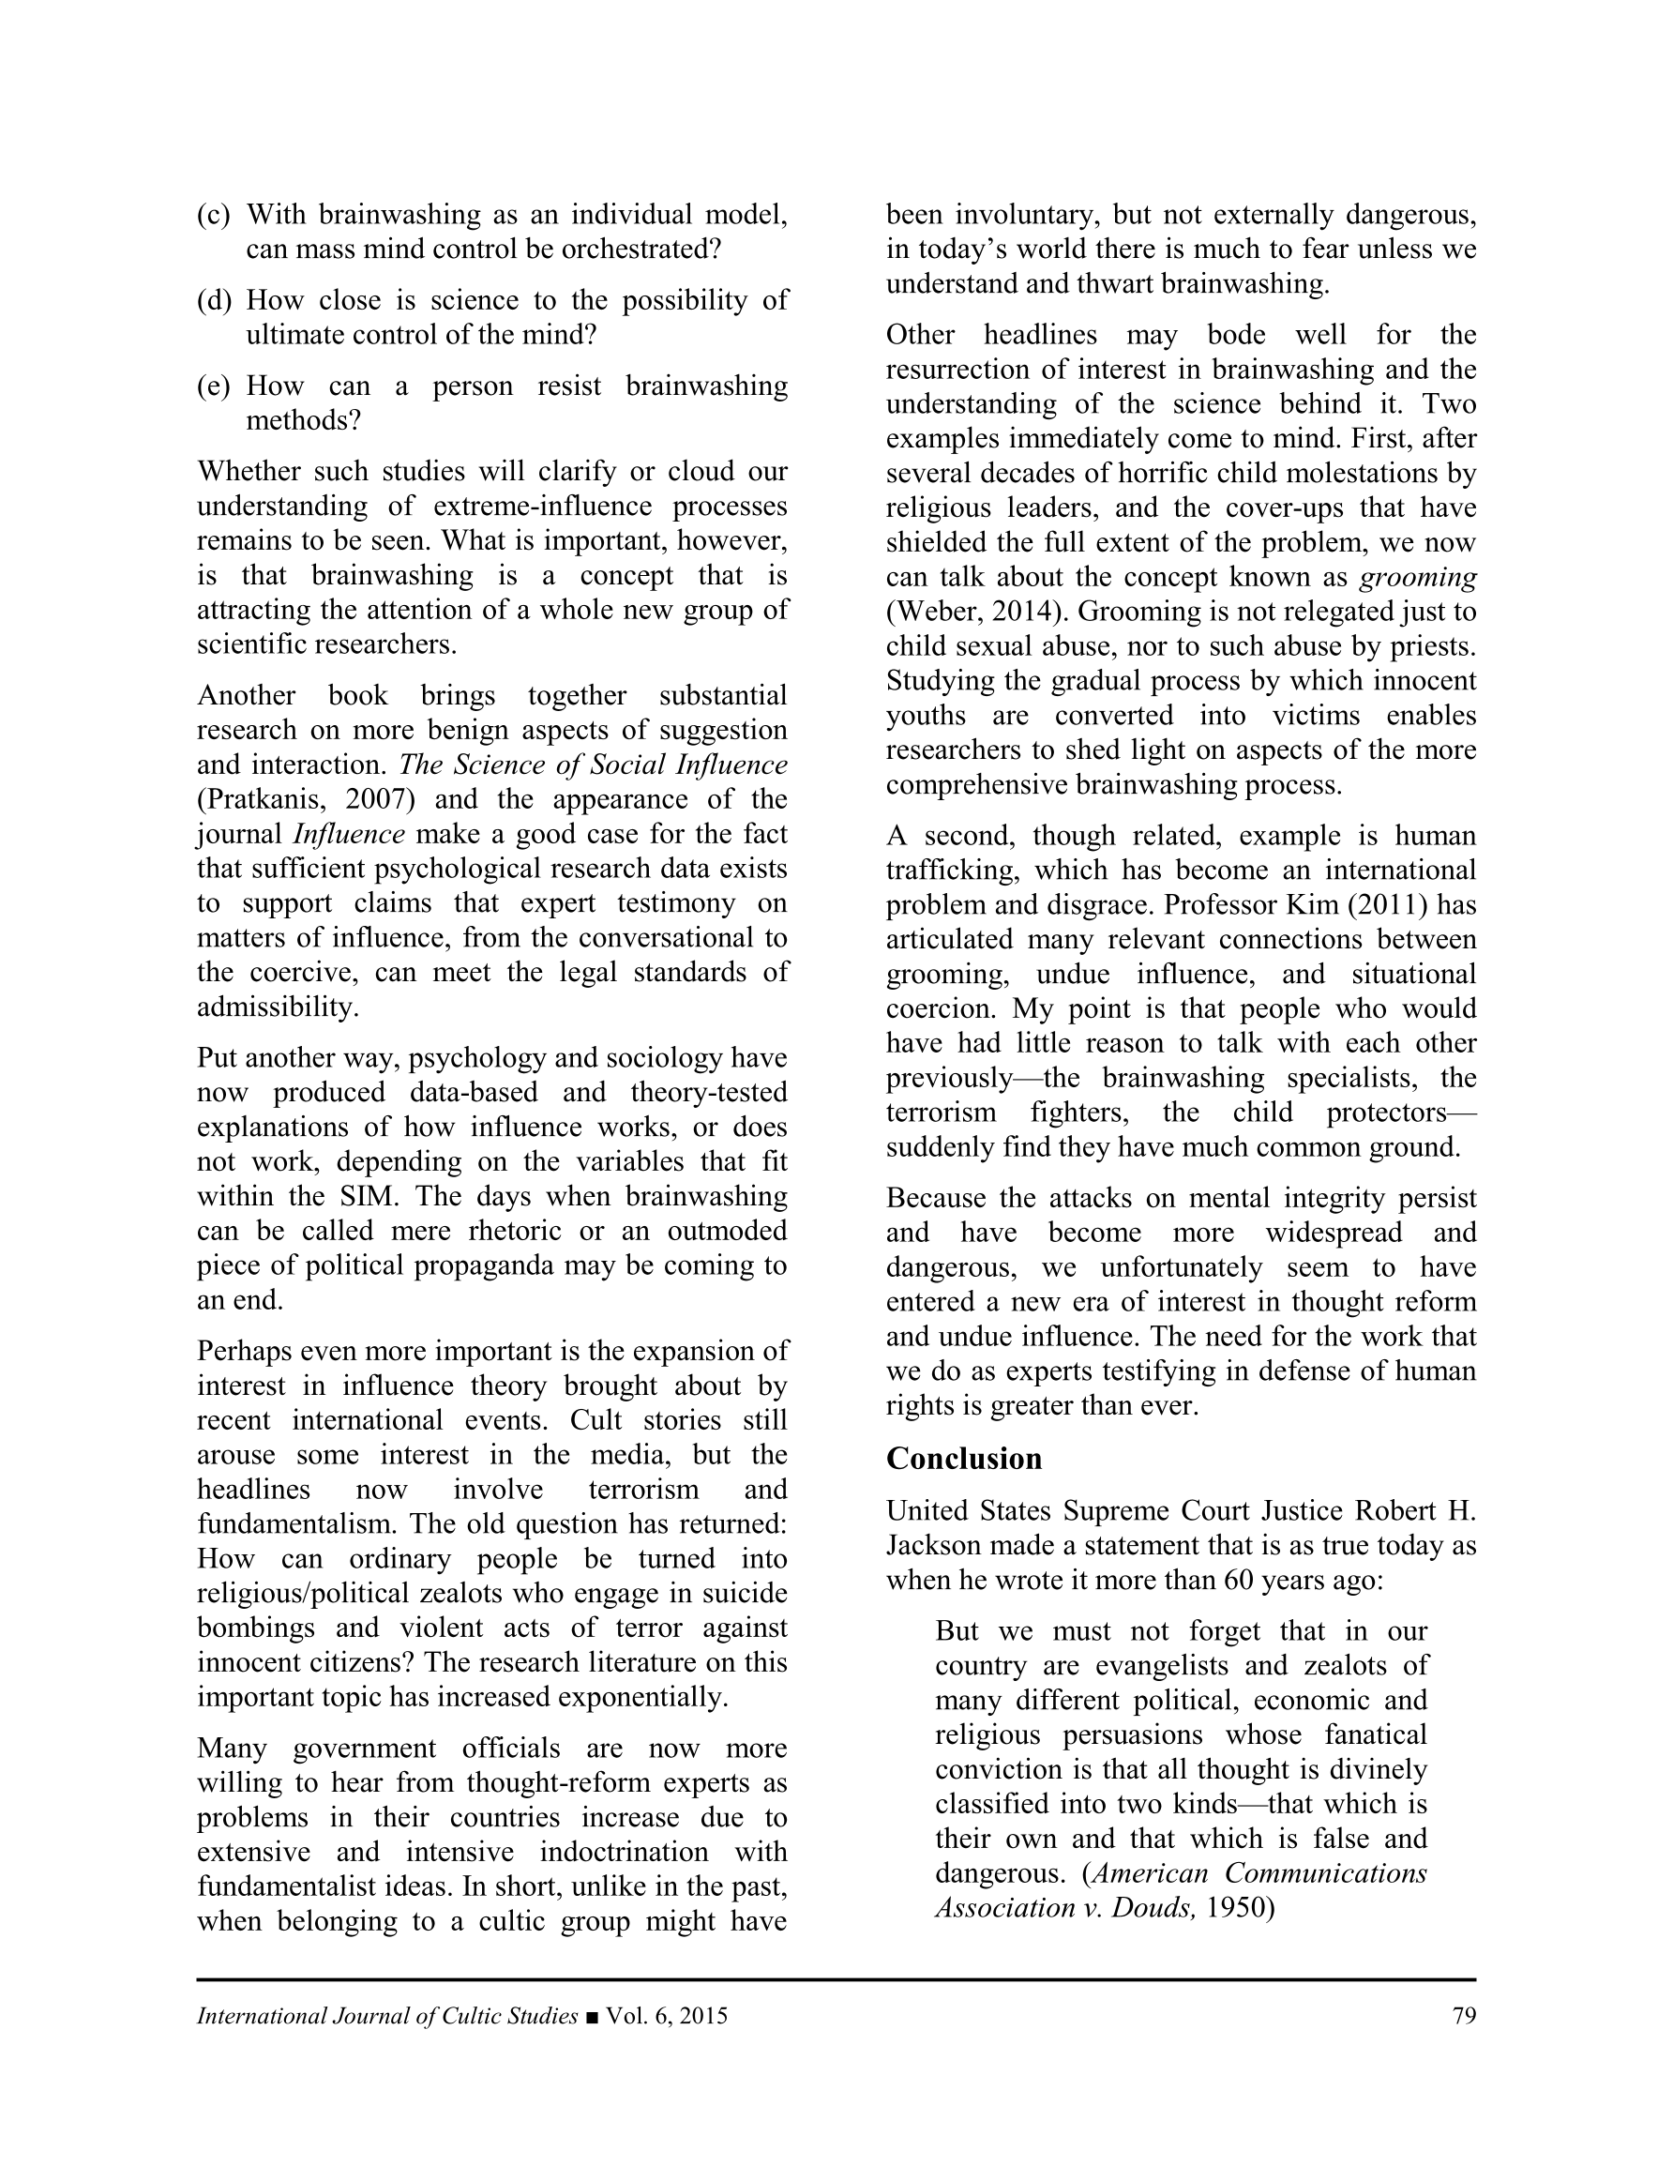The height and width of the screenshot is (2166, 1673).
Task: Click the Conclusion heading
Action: [x=963, y=1458]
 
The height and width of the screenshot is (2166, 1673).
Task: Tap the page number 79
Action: [x=1464, y=2015]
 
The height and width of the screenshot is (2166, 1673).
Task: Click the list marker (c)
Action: [x=213, y=214]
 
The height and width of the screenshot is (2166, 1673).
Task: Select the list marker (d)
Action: [x=213, y=300]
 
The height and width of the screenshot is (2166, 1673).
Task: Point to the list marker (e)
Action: [x=213, y=386]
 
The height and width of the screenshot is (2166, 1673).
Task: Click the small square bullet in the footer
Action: [x=592, y=2016]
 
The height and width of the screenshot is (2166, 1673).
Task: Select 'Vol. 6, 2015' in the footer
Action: [x=667, y=2015]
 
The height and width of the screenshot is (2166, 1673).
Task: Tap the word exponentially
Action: [x=642, y=1697]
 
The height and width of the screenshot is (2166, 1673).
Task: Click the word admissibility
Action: [x=277, y=1007]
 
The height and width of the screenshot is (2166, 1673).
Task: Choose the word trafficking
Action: [x=946, y=871]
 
